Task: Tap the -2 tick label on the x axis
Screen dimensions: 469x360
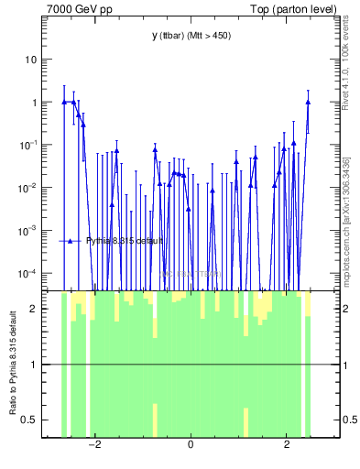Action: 93,445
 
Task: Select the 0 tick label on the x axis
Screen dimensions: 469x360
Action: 191,445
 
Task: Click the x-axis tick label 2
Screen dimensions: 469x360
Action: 287,445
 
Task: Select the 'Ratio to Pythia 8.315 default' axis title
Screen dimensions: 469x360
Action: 13,364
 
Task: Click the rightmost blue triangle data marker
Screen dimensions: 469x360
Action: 309,102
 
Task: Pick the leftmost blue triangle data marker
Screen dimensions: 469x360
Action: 64,102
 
